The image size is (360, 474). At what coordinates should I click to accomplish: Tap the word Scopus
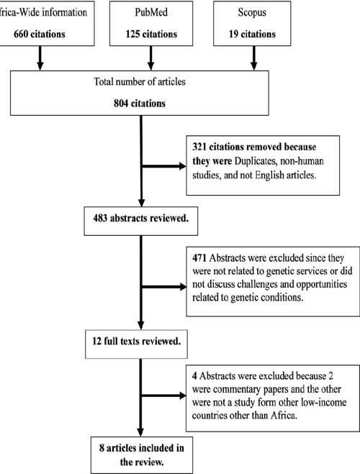[x=251, y=13]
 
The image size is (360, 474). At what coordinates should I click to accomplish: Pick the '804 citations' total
[x=144, y=103]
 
